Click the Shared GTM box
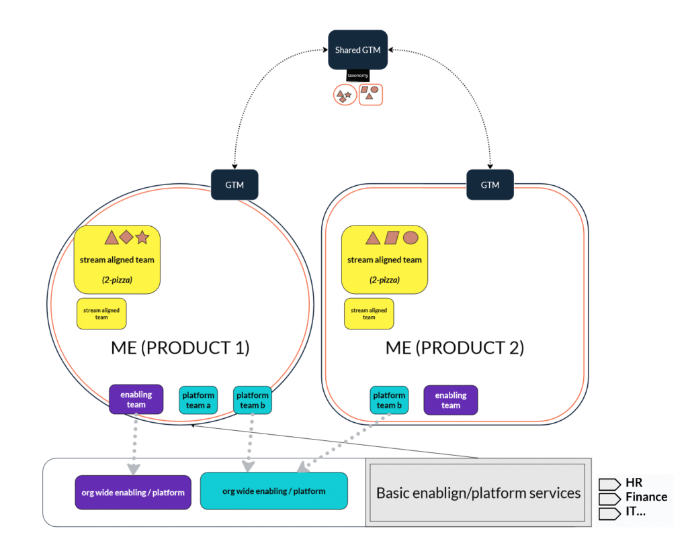[357, 50]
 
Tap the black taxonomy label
[357, 77]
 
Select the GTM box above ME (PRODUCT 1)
[235, 185]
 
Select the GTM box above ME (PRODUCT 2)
[490, 185]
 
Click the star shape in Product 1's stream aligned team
[142, 238]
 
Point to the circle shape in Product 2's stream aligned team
[411, 238]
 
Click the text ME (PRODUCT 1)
[180, 348]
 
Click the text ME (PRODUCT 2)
[454, 348]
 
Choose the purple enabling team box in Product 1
[136, 400]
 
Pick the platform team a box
[198, 400]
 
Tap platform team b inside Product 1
[252, 400]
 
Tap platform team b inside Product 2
[389, 400]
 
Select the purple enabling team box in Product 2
[450, 400]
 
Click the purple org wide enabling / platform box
[133, 493]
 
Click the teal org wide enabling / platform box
[273, 491]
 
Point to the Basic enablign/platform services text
[478, 493]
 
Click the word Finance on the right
[646, 497]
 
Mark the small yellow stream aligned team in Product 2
[369, 313]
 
